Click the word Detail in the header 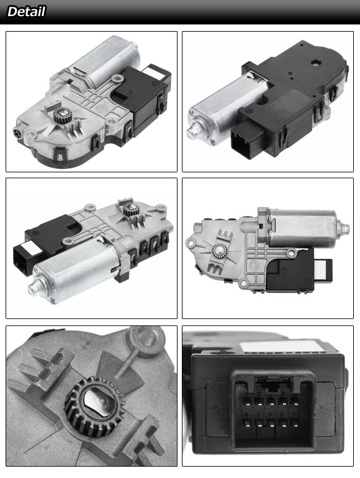26,12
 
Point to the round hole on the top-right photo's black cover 315,62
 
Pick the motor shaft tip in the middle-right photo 345,228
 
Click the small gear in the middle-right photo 220,251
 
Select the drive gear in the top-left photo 62,116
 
